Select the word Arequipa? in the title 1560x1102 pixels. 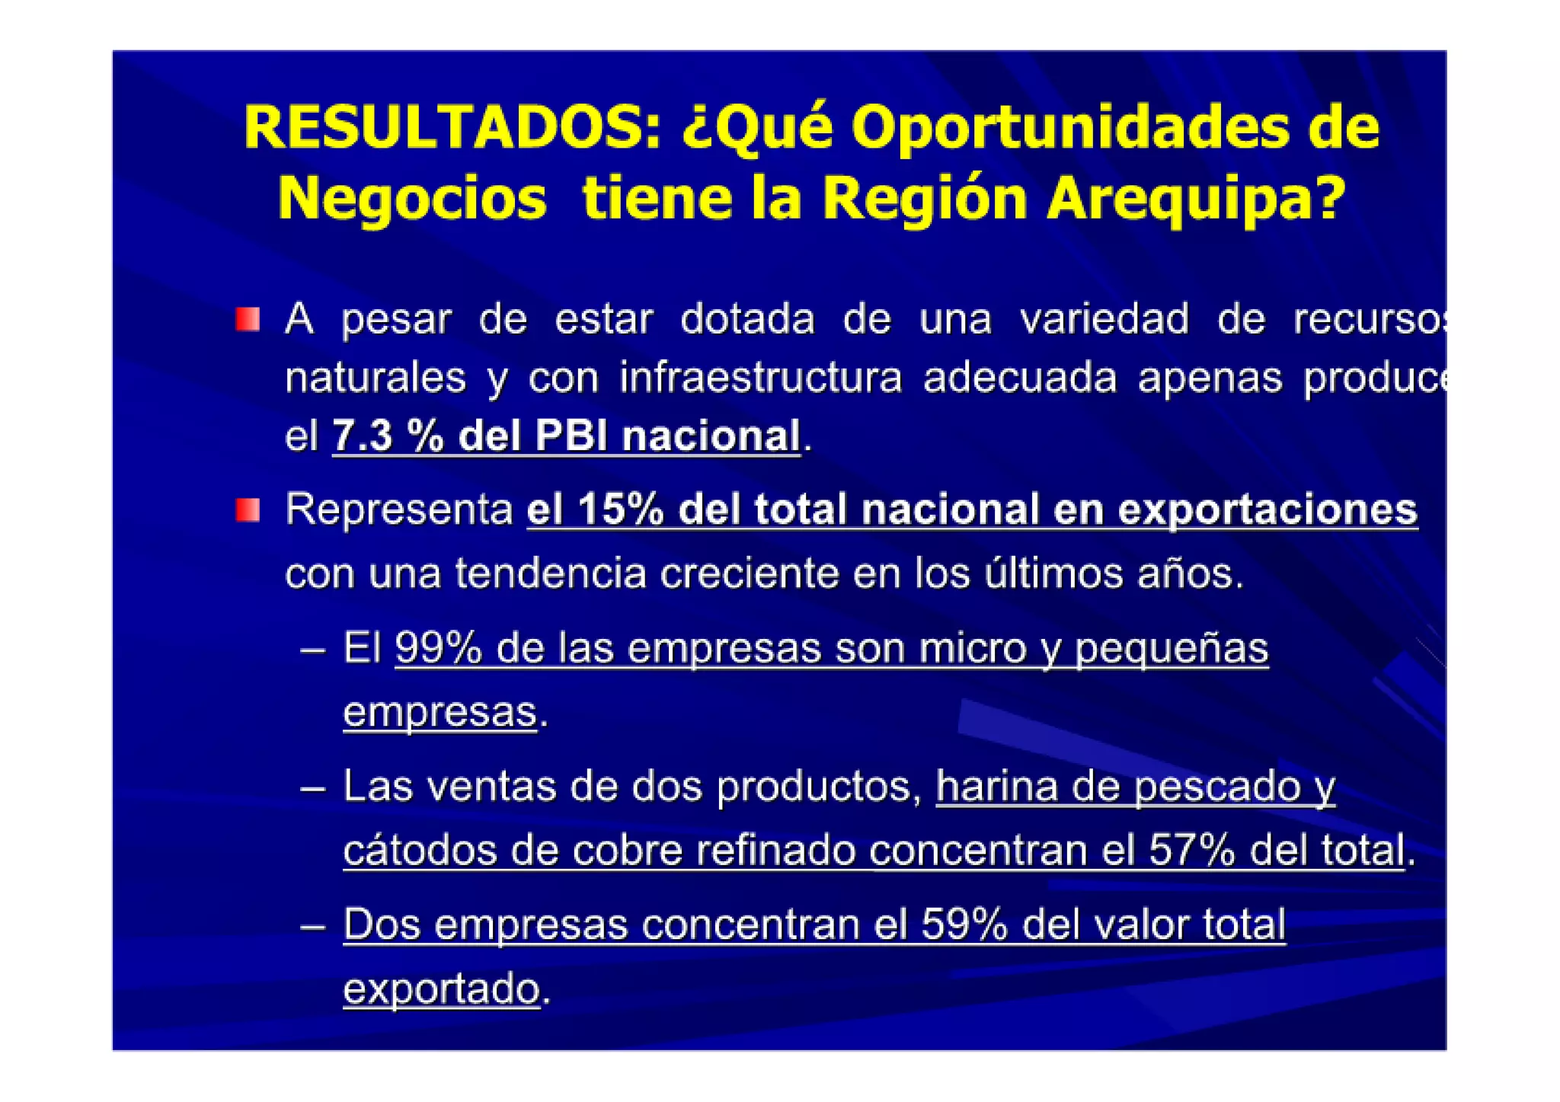pyautogui.click(x=1197, y=198)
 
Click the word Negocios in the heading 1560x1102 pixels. pyautogui.click(x=412, y=198)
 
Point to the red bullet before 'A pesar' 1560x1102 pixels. pyautogui.click(x=248, y=319)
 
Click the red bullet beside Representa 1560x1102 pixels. pyautogui.click(x=248, y=509)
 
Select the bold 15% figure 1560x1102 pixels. pyautogui.click(x=621, y=509)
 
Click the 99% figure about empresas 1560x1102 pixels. pyautogui.click(x=438, y=649)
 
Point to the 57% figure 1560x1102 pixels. pyautogui.click(x=1191, y=850)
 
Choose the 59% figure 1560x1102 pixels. pyautogui.click(x=964, y=925)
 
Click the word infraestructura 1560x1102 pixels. pyautogui.click(x=760, y=378)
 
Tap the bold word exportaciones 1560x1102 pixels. pyautogui.click(x=1267, y=509)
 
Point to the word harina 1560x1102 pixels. pyautogui.click(x=996, y=787)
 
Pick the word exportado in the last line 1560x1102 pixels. pyautogui.click(x=442, y=989)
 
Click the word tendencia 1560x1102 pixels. pyautogui.click(x=551, y=573)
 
